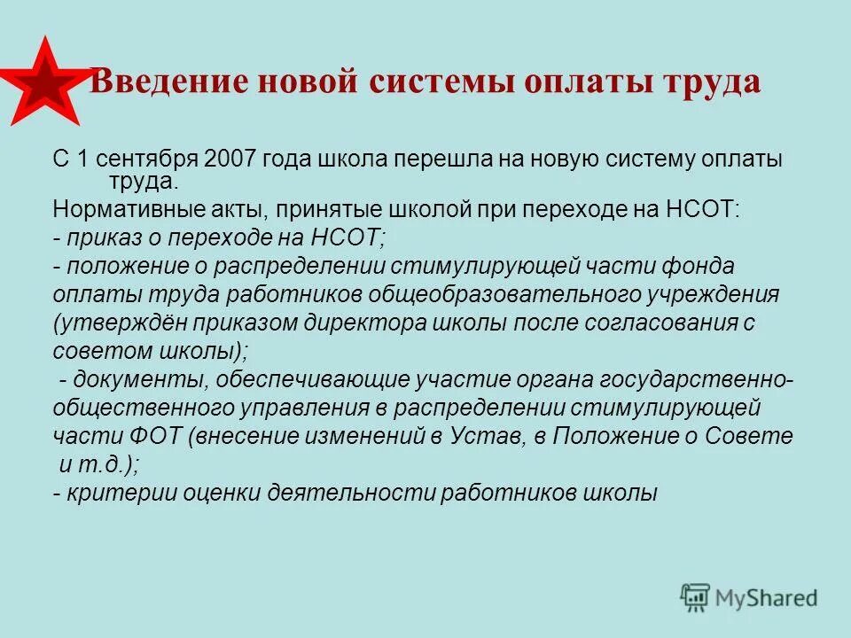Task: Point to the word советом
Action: pyautogui.click(x=98, y=350)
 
